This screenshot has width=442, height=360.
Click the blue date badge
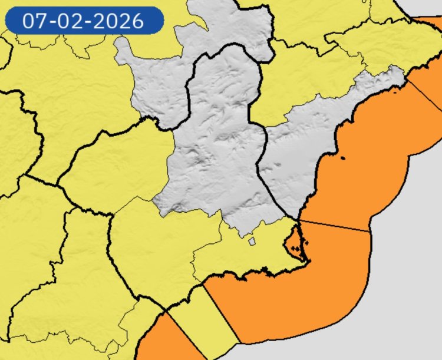[x=84, y=21]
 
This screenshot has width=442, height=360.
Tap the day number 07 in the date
[x=35, y=21]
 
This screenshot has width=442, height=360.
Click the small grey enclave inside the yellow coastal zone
[x=252, y=240]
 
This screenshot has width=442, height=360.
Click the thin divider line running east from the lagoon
[x=336, y=227]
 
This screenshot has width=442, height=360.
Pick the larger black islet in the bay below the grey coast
[x=344, y=157]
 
